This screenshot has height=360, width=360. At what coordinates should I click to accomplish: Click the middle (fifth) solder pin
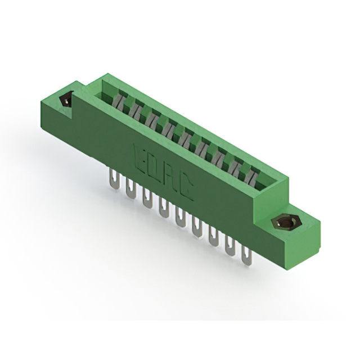pyautogui.click(x=181, y=219)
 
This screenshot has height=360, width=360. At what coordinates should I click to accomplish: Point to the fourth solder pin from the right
pyautogui.click(x=197, y=228)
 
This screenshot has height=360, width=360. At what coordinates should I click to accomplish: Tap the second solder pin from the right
pyautogui.click(x=230, y=246)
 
